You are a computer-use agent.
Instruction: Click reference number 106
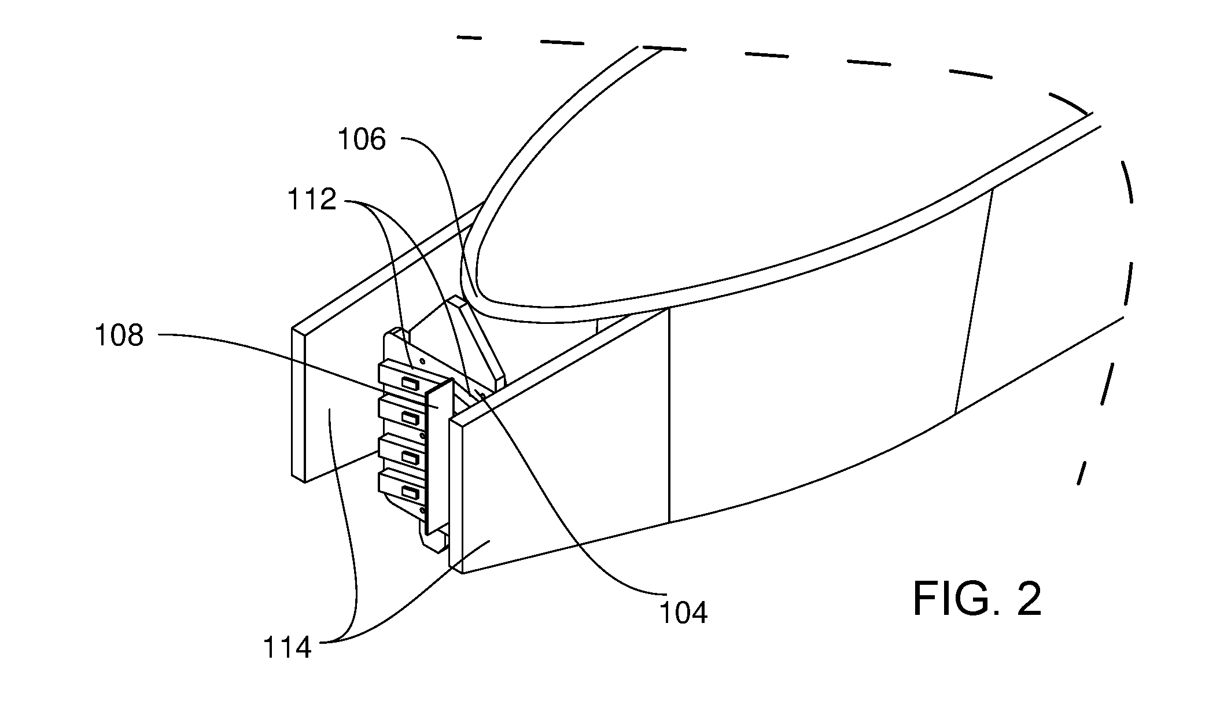tap(362, 140)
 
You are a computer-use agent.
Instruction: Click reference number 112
tap(312, 200)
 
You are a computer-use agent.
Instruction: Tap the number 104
tap(684, 613)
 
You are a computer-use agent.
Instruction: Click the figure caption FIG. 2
tap(977, 599)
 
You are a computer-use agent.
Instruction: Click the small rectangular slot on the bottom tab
tap(410, 493)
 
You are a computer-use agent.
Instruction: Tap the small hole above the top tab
tap(422, 362)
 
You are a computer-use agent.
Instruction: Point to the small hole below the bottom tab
tap(422, 510)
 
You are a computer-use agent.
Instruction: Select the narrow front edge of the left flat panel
tap(298, 405)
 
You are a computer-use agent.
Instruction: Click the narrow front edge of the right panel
tap(456, 495)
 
